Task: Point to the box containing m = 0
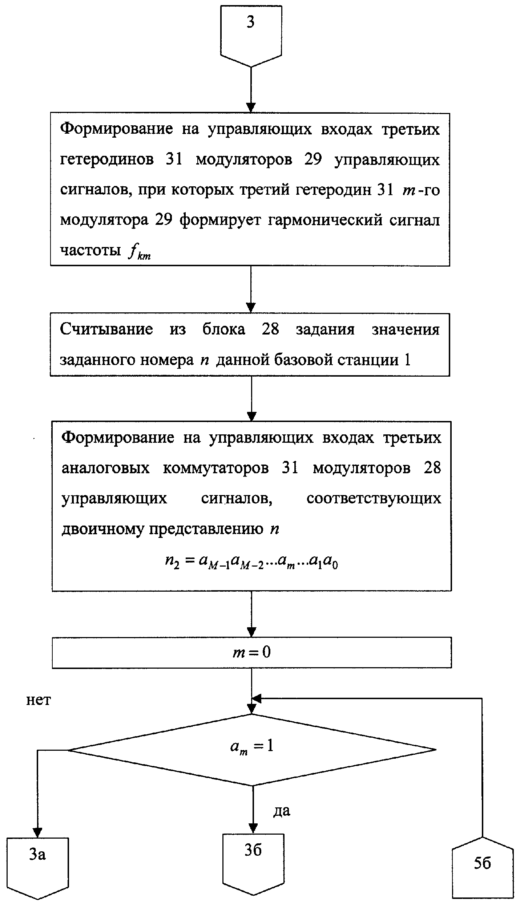[251, 652]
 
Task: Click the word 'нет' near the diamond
[39, 700]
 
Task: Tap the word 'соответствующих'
[374, 499]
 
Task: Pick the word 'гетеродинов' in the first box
[107, 160]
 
